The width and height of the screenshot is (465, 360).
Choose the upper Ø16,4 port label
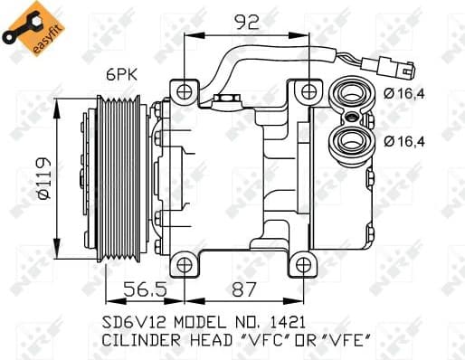pyautogui.click(x=403, y=94)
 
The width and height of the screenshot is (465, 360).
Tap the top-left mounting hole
pyautogui.click(x=186, y=90)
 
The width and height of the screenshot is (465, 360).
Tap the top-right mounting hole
pyautogui.click(x=309, y=90)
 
